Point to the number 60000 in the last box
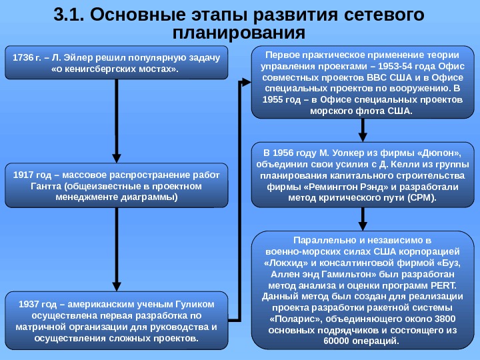click(x=336, y=342)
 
